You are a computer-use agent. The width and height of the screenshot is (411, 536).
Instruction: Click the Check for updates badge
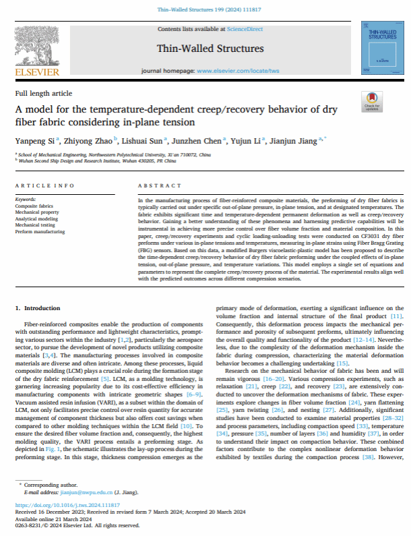(x=371, y=101)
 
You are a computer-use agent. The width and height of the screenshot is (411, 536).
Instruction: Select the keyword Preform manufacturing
(x=40, y=233)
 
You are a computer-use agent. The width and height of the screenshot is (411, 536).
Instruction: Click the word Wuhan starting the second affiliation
(x=24, y=159)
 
